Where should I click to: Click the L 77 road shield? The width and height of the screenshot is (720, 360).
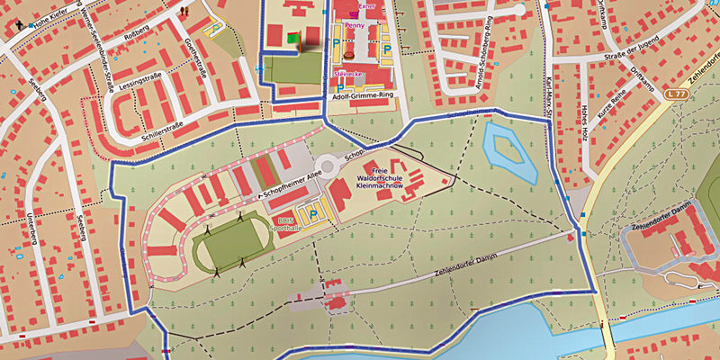point(676,94)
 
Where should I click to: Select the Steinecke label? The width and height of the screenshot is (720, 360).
point(347,73)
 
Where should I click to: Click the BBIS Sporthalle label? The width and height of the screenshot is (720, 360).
point(285,224)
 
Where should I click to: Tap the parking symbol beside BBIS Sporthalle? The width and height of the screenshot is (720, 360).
point(314,213)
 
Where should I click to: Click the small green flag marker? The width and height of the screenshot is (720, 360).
point(292,38)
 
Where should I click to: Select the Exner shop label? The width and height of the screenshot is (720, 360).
point(364,5)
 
